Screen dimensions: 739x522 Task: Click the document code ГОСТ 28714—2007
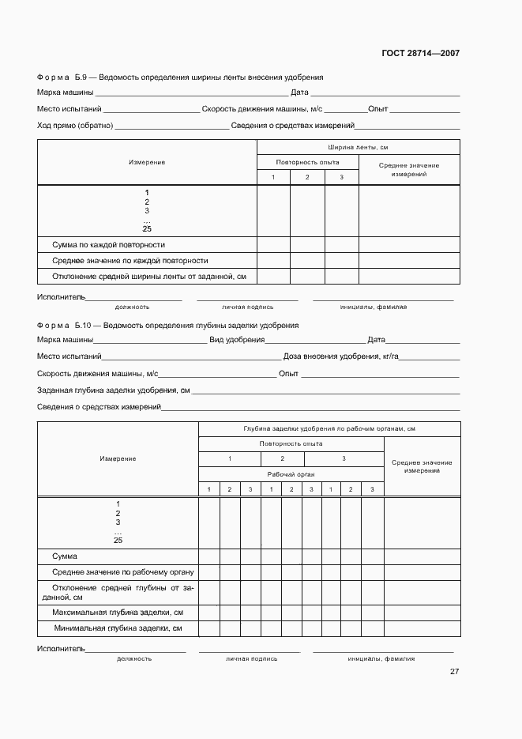pyautogui.click(x=421, y=54)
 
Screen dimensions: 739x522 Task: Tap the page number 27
pyautogui.click(x=454, y=672)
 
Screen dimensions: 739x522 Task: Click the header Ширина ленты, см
pyautogui.click(x=358, y=147)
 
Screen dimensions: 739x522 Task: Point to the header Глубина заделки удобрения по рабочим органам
pyautogui.click(x=329, y=428)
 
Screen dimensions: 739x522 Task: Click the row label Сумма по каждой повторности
pyautogui.click(x=108, y=244)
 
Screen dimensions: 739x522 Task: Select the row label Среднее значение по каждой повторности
pyautogui.click(x=130, y=260)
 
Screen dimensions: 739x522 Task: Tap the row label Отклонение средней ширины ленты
pyautogui.click(x=149, y=276)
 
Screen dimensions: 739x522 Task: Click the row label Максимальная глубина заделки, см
pyautogui.click(x=118, y=613)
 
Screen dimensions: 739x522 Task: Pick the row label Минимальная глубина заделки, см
pyautogui.click(x=118, y=628)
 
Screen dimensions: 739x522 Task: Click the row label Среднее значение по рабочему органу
pyautogui.click(x=123, y=572)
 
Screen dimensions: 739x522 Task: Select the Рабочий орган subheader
pyautogui.click(x=291, y=474)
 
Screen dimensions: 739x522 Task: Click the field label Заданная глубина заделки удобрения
pyautogui.click(x=113, y=390)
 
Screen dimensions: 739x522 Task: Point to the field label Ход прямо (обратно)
pyautogui.click(x=75, y=125)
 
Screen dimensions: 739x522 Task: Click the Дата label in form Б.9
pyautogui.click(x=299, y=92)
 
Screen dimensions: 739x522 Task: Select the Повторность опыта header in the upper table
pyautogui.click(x=307, y=161)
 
